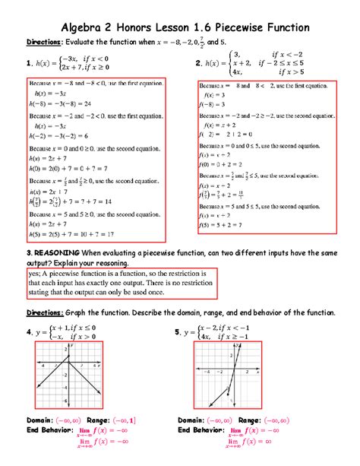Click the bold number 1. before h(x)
coord(27,65)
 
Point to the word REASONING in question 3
coord(55,252)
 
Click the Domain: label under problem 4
coord(43,419)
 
